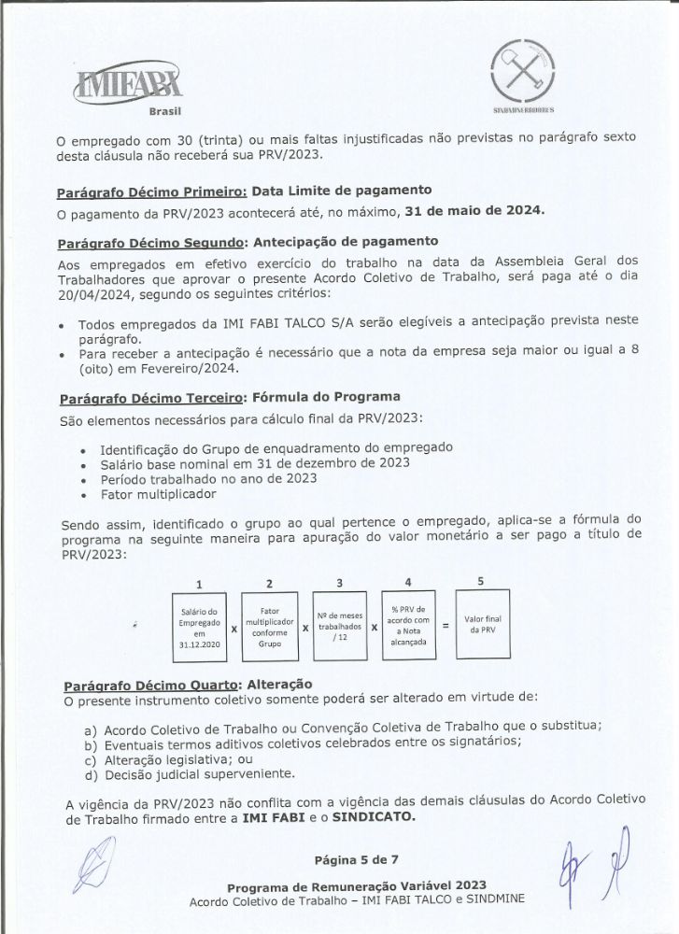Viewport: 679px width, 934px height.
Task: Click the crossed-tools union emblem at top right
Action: coord(522,66)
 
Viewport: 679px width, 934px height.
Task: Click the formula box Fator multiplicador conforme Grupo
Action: coord(269,624)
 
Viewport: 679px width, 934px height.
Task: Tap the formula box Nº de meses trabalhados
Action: coord(338,625)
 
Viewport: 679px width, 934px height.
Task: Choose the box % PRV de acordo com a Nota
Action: coord(410,624)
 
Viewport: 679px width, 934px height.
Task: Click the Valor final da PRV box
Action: coord(483,624)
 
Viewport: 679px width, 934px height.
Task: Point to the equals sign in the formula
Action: coord(446,627)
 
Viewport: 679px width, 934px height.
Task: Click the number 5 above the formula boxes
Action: coord(480,580)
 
